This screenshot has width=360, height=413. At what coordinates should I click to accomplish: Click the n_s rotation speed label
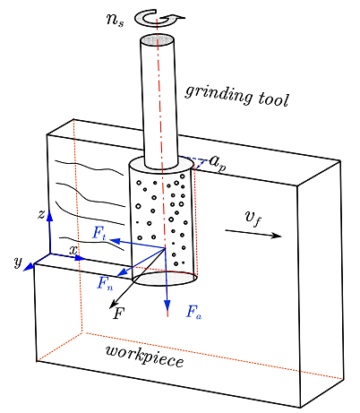115,20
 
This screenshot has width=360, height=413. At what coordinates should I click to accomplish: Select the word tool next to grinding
273,99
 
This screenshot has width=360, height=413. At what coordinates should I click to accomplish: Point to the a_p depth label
218,163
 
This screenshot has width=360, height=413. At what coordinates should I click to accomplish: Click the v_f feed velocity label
253,218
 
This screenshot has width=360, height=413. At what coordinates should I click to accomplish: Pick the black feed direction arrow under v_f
253,233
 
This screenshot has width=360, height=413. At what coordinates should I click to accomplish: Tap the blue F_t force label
99,233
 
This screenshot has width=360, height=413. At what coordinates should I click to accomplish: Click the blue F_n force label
105,283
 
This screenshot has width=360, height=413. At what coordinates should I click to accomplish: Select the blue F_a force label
194,313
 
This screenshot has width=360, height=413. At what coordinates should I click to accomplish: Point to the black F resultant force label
118,314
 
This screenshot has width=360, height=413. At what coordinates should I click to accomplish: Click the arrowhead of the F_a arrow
167,306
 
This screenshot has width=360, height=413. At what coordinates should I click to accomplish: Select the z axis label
41,214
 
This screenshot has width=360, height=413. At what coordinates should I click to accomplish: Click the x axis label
73,250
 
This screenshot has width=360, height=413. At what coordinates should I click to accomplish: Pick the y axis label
19,262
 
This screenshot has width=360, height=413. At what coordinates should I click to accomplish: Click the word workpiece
145,357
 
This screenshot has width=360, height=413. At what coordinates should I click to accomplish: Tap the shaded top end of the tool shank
157,39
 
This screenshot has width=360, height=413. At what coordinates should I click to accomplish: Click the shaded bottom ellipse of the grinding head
165,279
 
